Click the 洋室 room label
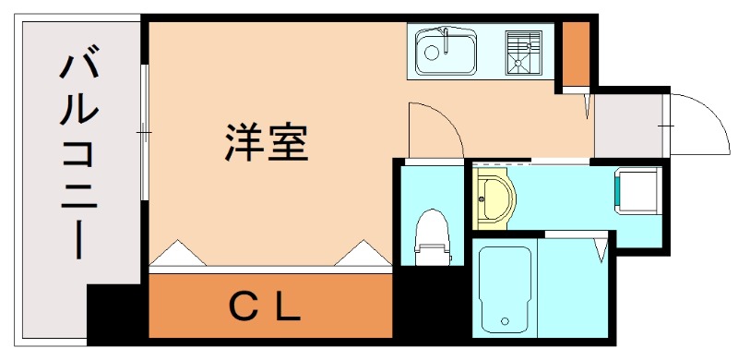click(266, 143)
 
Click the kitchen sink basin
click(445, 53)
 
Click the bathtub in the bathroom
click(505, 287)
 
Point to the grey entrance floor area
click(627, 125)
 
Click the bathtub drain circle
click(505, 322)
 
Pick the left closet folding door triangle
click(176, 254)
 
